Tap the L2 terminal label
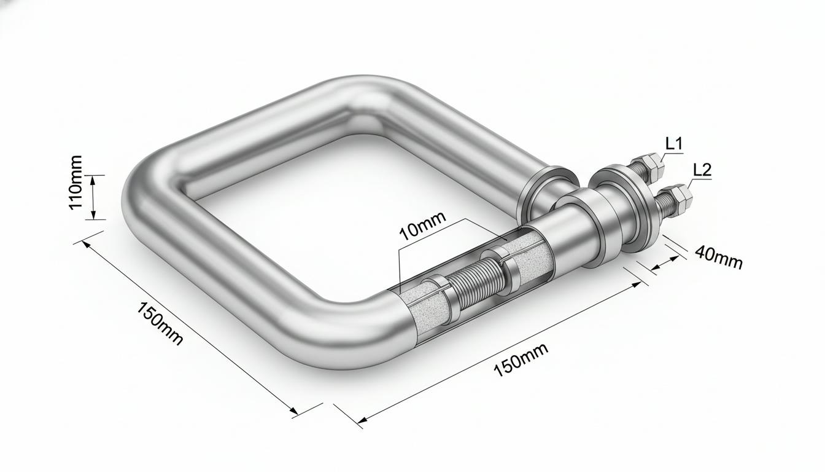point(702,170)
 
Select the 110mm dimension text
point(76,182)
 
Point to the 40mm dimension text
point(719,258)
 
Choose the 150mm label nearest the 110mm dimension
point(160,323)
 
